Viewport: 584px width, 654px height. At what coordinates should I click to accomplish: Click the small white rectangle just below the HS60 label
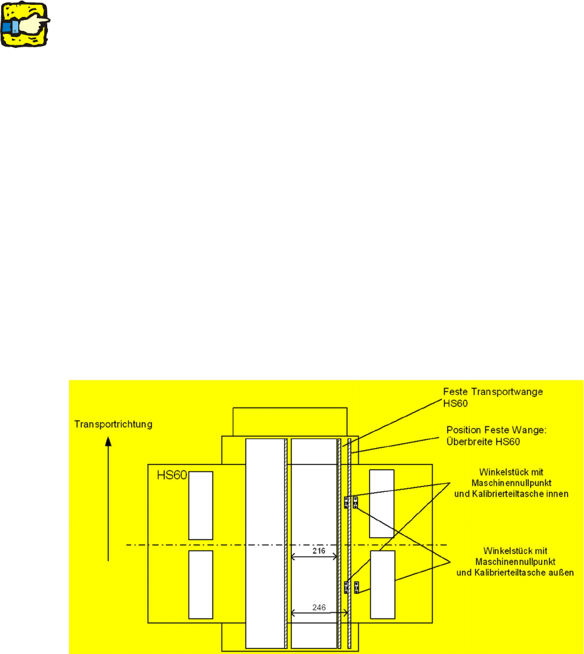click(x=201, y=505)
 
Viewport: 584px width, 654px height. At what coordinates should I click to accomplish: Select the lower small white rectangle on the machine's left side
click(x=201, y=585)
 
